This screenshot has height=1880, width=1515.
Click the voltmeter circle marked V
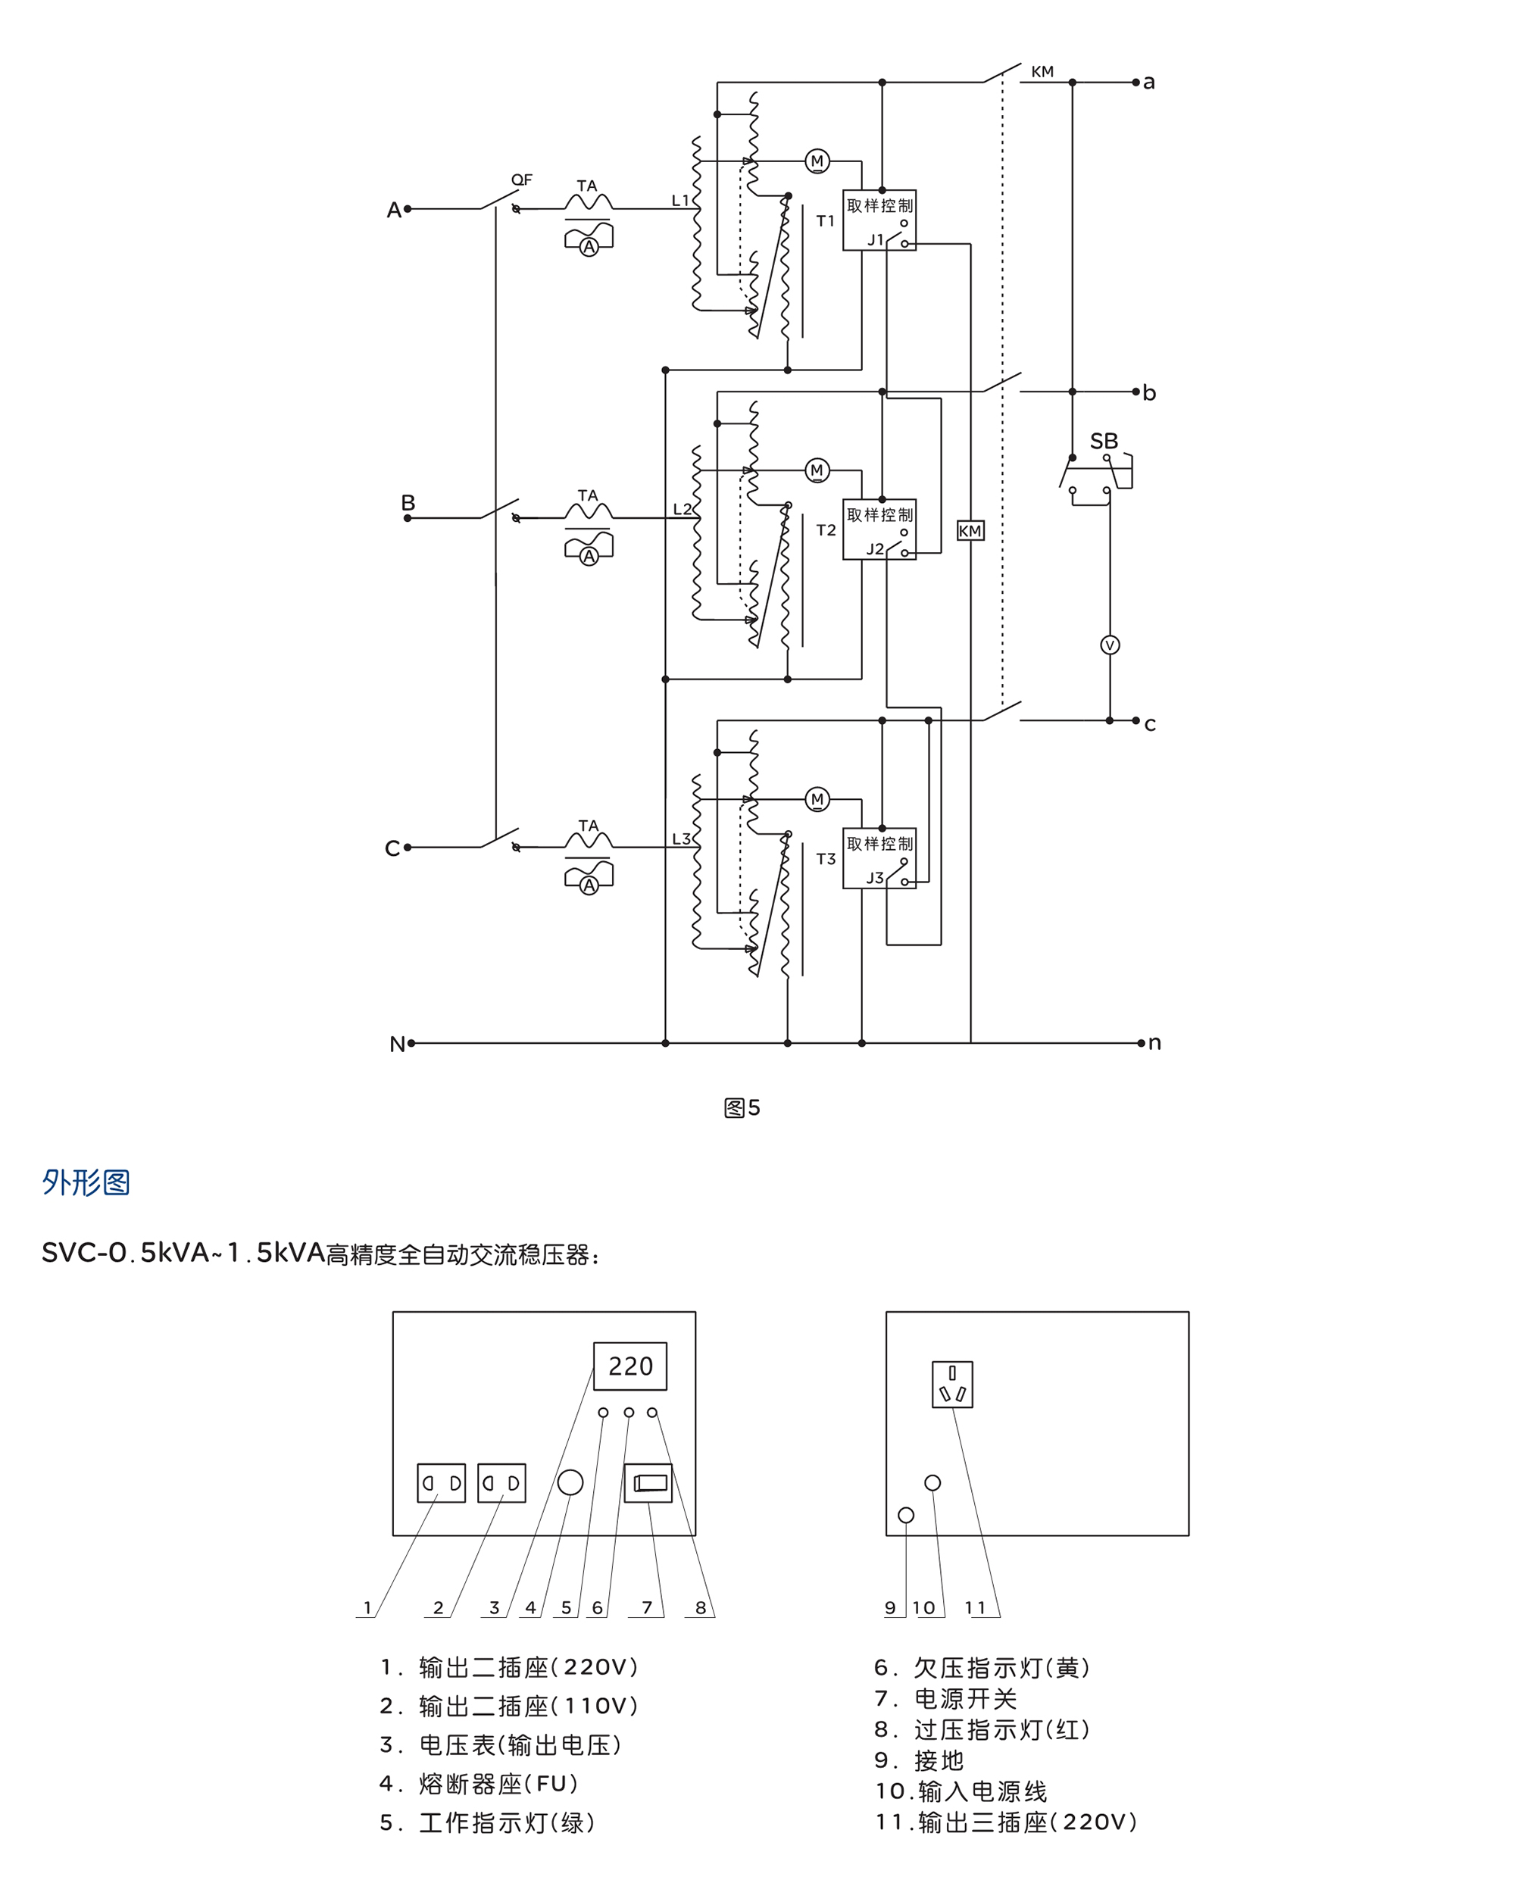tap(1109, 645)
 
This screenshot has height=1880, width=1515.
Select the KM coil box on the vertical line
tap(970, 531)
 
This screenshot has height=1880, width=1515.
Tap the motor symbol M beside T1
tap(817, 161)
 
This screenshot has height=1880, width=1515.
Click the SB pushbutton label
tap(1103, 441)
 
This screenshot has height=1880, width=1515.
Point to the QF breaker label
tap(521, 180)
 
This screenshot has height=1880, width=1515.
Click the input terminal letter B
tap(408, 502)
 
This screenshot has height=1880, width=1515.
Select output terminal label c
tap(1149, 723)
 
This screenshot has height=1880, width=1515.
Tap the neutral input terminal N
tap(397, 1044)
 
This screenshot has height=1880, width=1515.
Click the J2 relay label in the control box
tap(874, 549)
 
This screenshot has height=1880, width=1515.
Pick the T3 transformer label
tap(826, 859)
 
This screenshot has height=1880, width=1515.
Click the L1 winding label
tap(679, 201)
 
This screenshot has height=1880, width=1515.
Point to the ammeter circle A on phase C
tap(589, 885)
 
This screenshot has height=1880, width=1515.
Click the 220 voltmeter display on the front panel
tap(630, 1366)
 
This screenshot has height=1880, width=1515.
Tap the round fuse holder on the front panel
tap(570, 1482)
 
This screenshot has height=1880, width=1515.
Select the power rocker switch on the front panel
tap(648, 1482)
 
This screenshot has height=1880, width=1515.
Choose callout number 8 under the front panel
tap(700, 1607)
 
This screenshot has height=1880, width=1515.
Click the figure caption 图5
tap(742, 1107)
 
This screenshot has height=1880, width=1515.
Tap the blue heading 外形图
tap(86, 1182)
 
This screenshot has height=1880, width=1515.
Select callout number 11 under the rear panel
tap(975, 1607)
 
